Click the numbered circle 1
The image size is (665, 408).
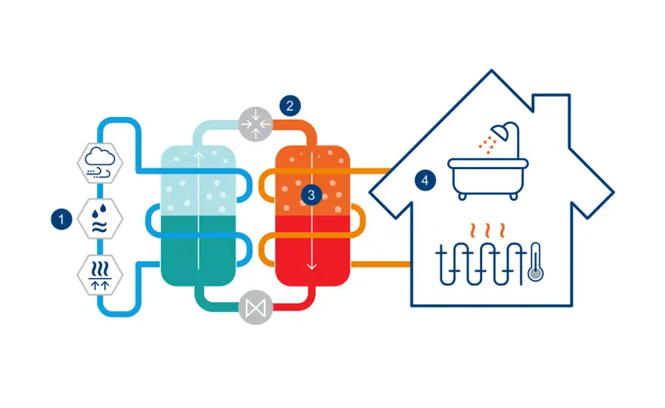point(61,219)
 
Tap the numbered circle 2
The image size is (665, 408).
point(290,106)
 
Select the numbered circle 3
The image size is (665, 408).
point(311,195)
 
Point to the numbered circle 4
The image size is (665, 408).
point(425,181)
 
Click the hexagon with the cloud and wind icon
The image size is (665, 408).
point(100,163)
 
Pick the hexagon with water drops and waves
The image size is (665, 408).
point(100,219)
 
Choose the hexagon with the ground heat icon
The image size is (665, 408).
point(100,275)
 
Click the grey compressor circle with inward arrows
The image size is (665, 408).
point(255,124)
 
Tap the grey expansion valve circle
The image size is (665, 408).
point(255,308)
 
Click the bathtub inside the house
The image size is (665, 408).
point(488,179)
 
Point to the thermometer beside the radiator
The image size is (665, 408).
point(536,262)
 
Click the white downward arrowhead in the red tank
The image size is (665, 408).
point(311,267)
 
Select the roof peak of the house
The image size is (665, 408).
point(491,70)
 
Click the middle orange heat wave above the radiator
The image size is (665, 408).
point(487,230)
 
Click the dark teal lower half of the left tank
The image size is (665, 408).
point(198,250)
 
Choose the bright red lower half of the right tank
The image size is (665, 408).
point(313,250)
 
